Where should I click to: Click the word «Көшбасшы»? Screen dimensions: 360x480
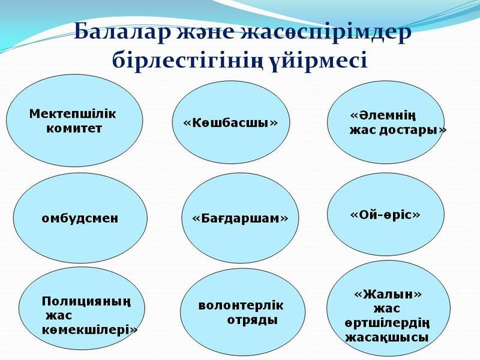pos(230,122)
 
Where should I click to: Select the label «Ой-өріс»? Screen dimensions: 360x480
pos(385,214)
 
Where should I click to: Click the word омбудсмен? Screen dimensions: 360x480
pos(79,218)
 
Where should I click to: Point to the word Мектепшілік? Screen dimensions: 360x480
pos(73,113)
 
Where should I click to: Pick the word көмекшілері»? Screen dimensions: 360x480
pos(90,329)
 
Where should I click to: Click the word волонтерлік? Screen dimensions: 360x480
pos(241,305)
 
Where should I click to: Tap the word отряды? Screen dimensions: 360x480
pos(252,320)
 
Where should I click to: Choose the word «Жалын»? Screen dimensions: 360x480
pos(388,294)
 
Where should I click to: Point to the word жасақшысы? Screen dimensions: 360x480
pos(387,337)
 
